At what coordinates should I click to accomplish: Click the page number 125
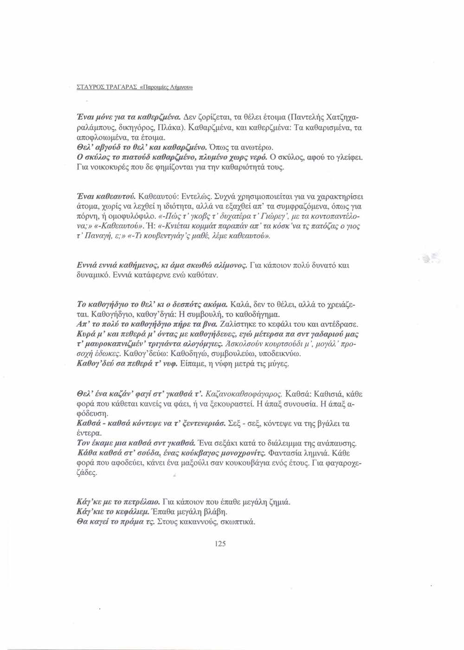[x=220, y=544]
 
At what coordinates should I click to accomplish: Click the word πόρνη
[x=86, y=216]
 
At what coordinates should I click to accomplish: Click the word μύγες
[x=277, y=364]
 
